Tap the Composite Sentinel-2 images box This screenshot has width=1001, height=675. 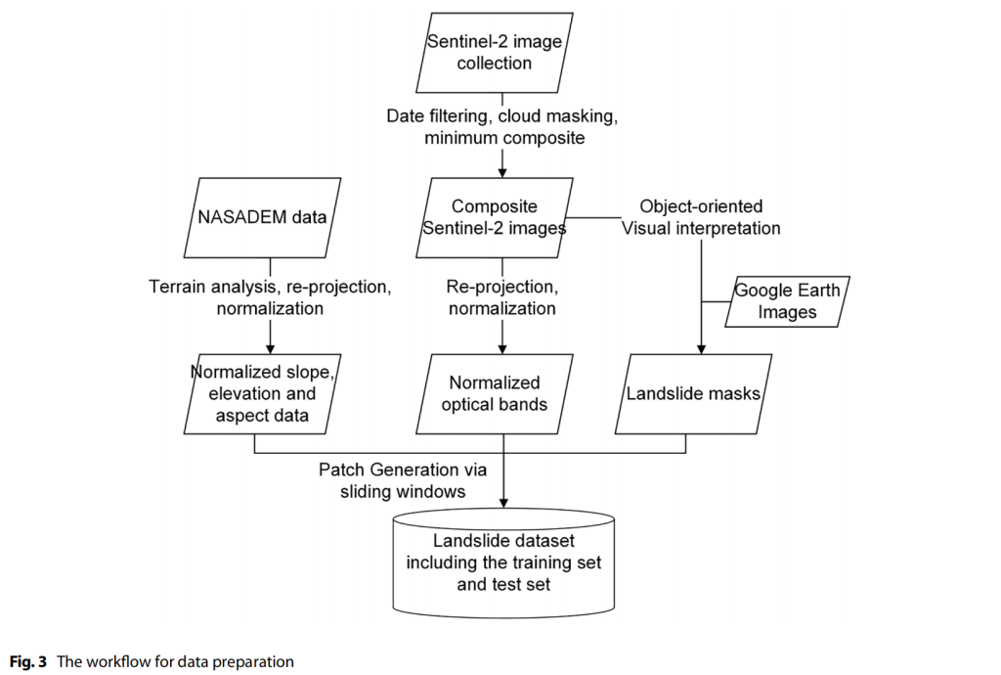(494, 218)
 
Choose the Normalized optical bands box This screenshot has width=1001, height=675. (494, 393)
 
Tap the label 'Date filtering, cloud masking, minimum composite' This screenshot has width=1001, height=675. (502, 127)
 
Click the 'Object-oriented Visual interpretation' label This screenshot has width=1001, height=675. (701, 217)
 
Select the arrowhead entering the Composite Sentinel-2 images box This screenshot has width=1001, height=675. (502, 171)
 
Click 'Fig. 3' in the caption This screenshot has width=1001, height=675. (30, 661)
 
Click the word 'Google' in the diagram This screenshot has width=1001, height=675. (763, 292)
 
